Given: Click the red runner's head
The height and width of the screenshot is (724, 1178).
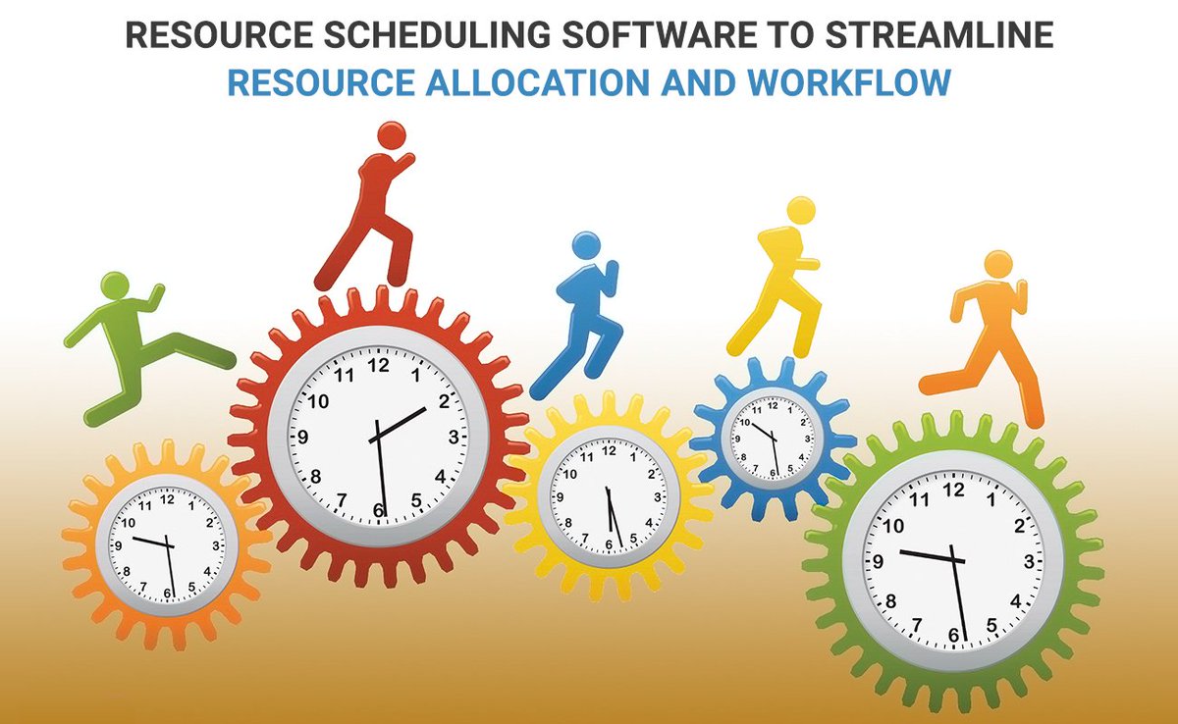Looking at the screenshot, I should tap(391, 135).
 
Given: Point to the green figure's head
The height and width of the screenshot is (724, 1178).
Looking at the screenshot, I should tap(114, 285).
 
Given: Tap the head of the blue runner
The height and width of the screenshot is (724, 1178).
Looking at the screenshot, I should tap(586, 244).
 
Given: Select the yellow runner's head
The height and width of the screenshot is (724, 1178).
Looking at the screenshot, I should tap(801, 209).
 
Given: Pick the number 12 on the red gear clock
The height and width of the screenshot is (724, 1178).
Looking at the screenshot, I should tap(378, 364).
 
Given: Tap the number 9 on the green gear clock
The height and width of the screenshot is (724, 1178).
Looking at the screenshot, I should tap(878, 562).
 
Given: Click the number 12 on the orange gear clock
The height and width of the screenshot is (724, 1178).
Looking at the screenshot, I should tap(166, 498).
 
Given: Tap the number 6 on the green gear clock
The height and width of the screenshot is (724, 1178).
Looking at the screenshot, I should tap(953, 636).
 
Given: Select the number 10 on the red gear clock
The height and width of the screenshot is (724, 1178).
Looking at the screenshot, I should tap(318, 400).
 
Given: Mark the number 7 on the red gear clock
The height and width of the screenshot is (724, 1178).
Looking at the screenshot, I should tap(341, 500).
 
